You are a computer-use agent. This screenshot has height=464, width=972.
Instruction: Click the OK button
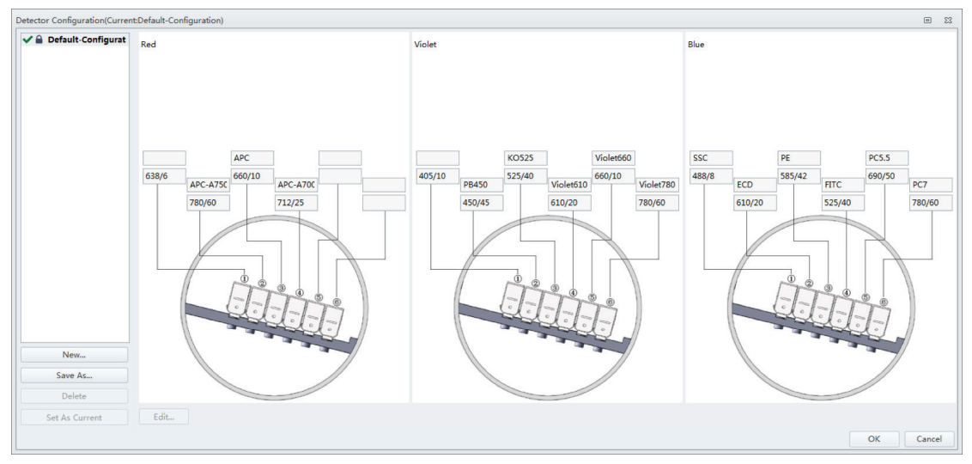[x=873, y=438]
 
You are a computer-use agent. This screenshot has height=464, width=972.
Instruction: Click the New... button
[x=75, y=355]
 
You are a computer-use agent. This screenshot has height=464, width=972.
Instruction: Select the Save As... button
[x=75, y=375]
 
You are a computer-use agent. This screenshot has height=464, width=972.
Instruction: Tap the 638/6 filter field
[x=164, y=176]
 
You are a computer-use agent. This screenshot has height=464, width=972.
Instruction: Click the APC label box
[x=252, y=158]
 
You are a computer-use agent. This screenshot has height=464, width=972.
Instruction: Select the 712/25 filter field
[x=295, y=203]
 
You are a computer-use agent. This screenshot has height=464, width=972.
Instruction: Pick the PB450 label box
[x=482, y=185]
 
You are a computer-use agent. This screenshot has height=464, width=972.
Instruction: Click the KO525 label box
[x=525, y=158]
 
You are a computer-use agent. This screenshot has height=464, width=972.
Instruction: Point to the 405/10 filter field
[x=438, y=176]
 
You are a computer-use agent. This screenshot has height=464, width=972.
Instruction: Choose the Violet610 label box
[x=569, y=185]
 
